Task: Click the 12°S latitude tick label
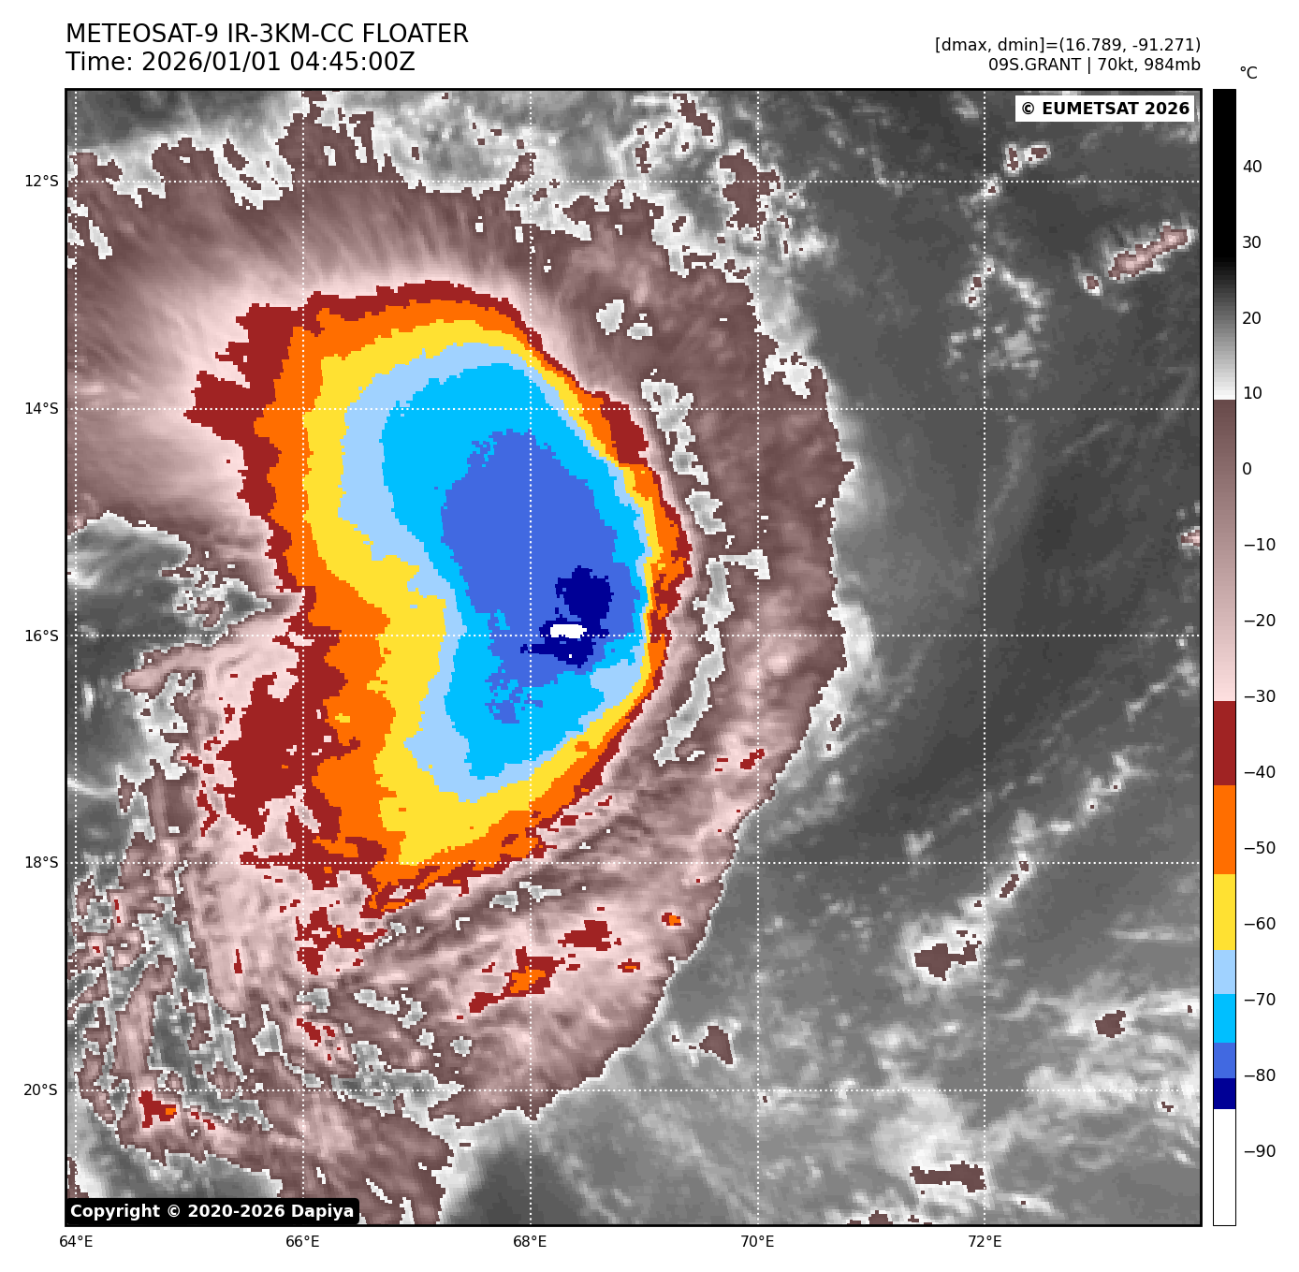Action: (x=40, y=181)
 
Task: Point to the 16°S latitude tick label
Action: (x=40, y=636)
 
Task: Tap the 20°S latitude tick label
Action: (x=40, y=1089)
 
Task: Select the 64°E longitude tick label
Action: (x=76, y=1242)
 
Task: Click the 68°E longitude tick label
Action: (x=530, y=1242)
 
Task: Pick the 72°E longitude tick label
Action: (x=985, y=1242)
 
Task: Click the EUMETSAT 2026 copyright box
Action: (x=1104, y=109)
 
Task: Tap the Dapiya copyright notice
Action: (x=212, y=1211)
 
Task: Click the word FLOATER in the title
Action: (x=415, y=35)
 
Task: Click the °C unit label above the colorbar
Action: (x=1248, y=73)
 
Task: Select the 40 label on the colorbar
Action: (x=1252, y=167)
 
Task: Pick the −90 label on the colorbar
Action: (x=1259, y=1151)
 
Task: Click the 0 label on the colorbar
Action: (x=1247, y=469)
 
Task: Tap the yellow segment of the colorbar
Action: (x=1224, y=913)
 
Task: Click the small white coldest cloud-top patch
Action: (x=568, y=631)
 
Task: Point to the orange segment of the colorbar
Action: (x=1224, y=829)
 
